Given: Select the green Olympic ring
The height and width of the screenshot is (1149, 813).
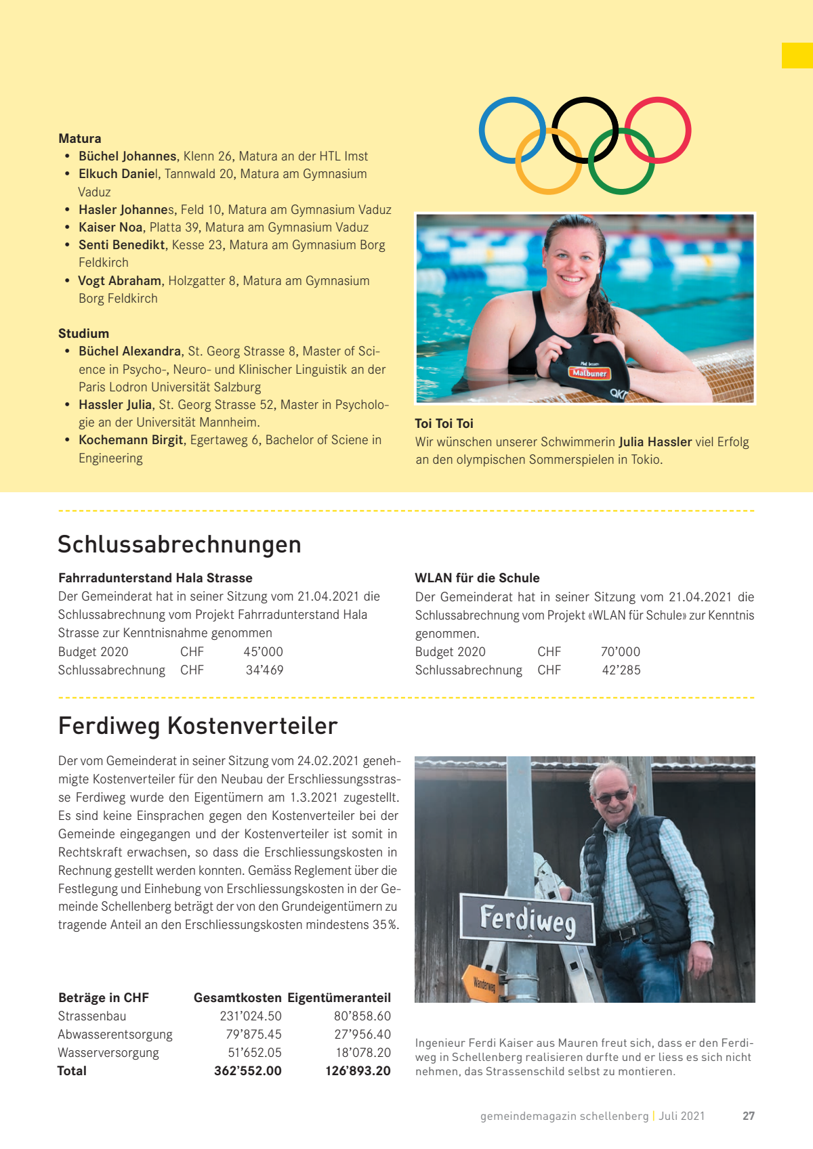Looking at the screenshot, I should point(621,190).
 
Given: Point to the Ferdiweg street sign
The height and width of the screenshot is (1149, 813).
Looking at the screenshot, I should point(527,919).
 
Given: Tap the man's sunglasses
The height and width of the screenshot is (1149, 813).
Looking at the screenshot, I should point(612,796).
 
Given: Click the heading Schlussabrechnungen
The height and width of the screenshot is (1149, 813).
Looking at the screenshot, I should point(180,544).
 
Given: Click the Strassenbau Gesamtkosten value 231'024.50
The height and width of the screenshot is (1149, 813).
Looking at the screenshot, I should point(251,1016).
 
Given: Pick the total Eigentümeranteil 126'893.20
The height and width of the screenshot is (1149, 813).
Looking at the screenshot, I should point(358,1070).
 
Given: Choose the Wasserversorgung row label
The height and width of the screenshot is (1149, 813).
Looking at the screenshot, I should point(108,1052).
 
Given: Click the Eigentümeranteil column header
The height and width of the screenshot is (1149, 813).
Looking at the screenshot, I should point(339,997).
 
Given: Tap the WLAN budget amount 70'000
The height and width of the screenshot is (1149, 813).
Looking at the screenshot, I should point(620,651).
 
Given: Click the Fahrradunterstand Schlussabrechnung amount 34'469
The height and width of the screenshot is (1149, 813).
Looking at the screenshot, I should point(264,670).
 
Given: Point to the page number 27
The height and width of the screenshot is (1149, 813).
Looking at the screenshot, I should point(748,1116).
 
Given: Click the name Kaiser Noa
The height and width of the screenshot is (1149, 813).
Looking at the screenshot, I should point(110,227).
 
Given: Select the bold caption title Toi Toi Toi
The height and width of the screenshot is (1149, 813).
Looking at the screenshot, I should point(444,423).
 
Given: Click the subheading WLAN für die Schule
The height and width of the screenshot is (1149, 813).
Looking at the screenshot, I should point(477,578).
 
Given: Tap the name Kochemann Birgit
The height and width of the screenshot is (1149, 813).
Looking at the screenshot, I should point(131,440).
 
